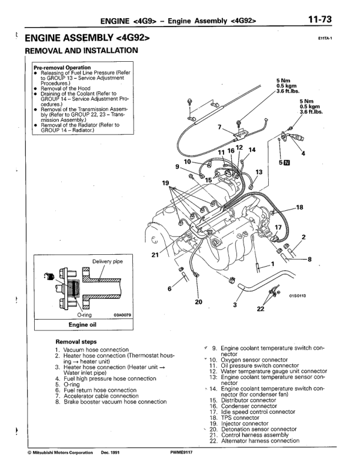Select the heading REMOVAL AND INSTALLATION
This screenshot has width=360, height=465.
(81, 51)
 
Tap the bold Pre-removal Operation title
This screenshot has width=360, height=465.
(62, 67)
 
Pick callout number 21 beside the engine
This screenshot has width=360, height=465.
(155, 255)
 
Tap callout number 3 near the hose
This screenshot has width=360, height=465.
(235, 305)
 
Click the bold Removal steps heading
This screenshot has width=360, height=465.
(76, 341)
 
